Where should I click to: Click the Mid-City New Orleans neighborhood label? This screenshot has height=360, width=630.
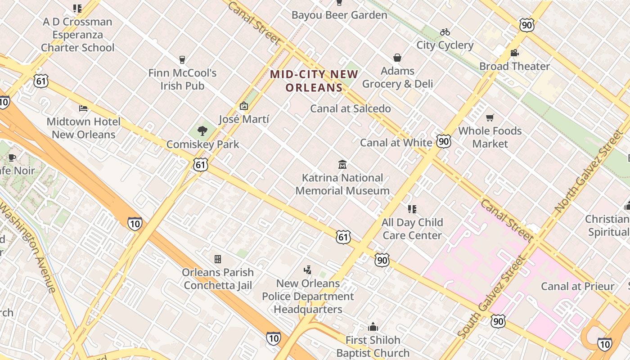click(314, 81)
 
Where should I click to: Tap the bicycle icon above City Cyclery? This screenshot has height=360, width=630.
click(445, 32)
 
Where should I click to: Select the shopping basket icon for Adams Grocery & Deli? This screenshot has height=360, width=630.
click(397, 58)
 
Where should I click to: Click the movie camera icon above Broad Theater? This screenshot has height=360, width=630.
click(514, 53)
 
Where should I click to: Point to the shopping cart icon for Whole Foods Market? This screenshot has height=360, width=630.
click(490, 118)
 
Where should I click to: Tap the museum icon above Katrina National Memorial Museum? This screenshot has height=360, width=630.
click(342, 164)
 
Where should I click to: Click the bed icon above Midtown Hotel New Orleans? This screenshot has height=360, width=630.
click(83, 108)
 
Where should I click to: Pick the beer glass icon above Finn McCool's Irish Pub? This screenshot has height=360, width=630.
click(182, 59)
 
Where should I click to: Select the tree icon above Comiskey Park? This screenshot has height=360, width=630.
click(202, 131)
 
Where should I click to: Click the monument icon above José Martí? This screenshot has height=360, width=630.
click(244, 106)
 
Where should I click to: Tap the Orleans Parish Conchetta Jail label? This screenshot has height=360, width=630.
click(218, 279)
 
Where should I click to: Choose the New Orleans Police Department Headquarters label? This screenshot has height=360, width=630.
click(308, 296)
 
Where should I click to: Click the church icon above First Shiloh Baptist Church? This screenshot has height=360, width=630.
click(373, 327)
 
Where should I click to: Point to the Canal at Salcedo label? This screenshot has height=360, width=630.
click(351, 108)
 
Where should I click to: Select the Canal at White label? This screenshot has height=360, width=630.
click(396, 143)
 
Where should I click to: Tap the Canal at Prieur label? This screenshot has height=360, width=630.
click(577, 286)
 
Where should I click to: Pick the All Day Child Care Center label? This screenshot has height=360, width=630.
click(412, 229)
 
